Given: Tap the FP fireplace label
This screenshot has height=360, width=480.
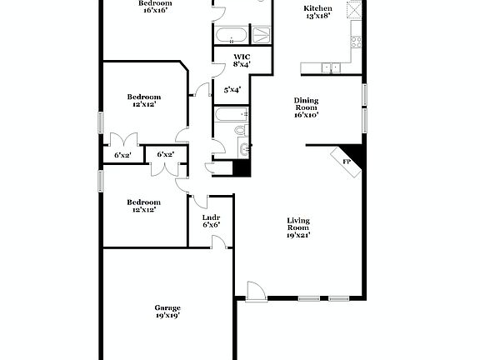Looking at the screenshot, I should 346,161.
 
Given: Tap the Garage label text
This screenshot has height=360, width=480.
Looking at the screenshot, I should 167,307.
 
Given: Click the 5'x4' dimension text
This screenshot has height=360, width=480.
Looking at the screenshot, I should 232,89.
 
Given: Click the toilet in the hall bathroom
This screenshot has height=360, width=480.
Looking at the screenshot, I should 240,130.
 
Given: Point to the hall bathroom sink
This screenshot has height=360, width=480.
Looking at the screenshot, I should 243,149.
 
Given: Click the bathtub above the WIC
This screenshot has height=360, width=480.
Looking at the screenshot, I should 231,35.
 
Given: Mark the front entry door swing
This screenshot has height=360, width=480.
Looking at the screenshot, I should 254,289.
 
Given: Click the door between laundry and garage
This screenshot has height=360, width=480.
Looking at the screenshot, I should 218,242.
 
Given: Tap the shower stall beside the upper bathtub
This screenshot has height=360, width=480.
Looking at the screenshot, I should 261,34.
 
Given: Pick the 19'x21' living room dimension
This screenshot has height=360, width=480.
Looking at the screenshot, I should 298,236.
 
